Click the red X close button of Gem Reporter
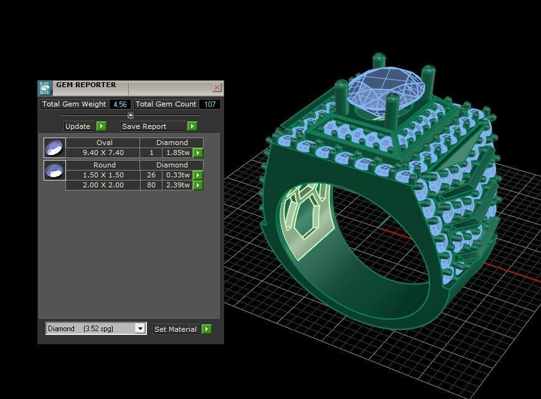[217, 88]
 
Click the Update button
[78, 126]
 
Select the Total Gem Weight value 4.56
[120, 105]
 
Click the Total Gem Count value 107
[210, 105]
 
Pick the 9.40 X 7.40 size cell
[103, 153]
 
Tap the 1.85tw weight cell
[177, 153]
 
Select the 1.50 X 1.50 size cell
[103, 175]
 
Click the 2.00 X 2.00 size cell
[103, 185]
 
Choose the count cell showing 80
[151, 185]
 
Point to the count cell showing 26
[151, 175]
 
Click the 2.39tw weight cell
[177, 185]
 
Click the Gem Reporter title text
[86, 85]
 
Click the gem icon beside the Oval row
[55, 148]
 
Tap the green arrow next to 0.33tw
[198, 175]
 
